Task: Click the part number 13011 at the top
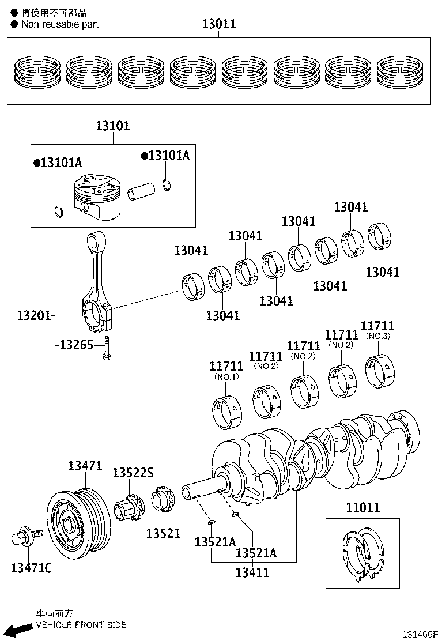[219, 24]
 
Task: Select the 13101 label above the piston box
[113, 126]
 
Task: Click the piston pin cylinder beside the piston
[141, 191]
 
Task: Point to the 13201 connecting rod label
[34, 315]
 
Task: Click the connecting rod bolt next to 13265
[107, 348]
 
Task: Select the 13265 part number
[77, 345]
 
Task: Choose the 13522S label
[133, 473]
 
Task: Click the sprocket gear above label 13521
[164, 498]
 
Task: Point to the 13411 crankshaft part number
[252, 572]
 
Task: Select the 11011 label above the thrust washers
[363, 507]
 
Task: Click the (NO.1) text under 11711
[226, 377]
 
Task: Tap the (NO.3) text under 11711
[378, 336]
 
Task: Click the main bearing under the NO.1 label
[227, 412]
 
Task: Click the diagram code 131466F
[420, 634]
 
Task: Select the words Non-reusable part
[60, 24]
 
